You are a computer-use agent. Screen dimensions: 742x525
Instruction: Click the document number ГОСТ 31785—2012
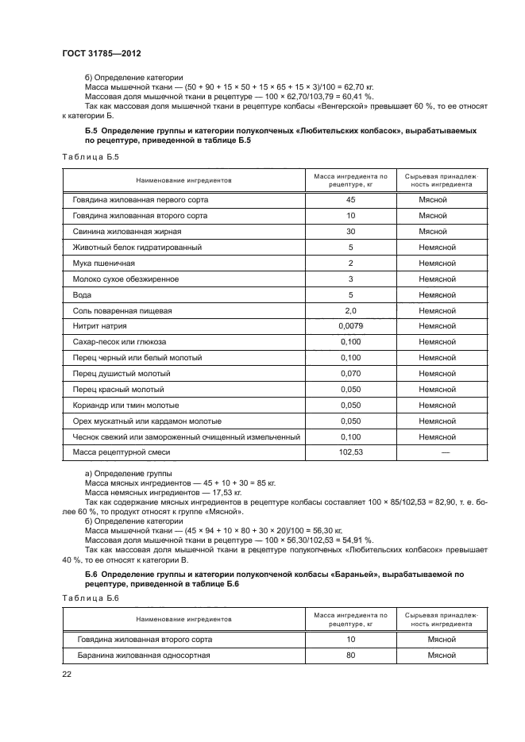point(97,53)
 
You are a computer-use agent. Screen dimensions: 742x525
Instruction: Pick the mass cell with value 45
point(350,200)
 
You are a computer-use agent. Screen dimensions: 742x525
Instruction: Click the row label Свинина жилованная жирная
point(128,232)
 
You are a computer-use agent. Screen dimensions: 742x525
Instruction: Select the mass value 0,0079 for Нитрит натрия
point(350,326)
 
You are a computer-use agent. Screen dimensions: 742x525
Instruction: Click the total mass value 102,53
point(350,452)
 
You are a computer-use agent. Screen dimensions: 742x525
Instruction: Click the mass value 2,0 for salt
point(350,310)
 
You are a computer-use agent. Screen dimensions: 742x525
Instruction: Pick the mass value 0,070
point(350,374)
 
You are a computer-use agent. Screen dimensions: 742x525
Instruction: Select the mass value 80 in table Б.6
point(350,655)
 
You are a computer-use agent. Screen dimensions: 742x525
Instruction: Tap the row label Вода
point(82,295)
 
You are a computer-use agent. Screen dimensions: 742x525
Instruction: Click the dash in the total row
point(445,452)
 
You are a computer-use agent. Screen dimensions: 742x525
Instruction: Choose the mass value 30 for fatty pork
point(350,232)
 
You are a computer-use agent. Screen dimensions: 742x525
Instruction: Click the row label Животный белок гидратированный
point(137,248)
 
